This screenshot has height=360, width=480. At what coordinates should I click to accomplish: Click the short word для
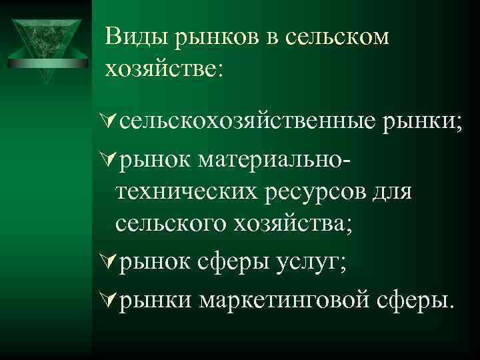tap(392, 191)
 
